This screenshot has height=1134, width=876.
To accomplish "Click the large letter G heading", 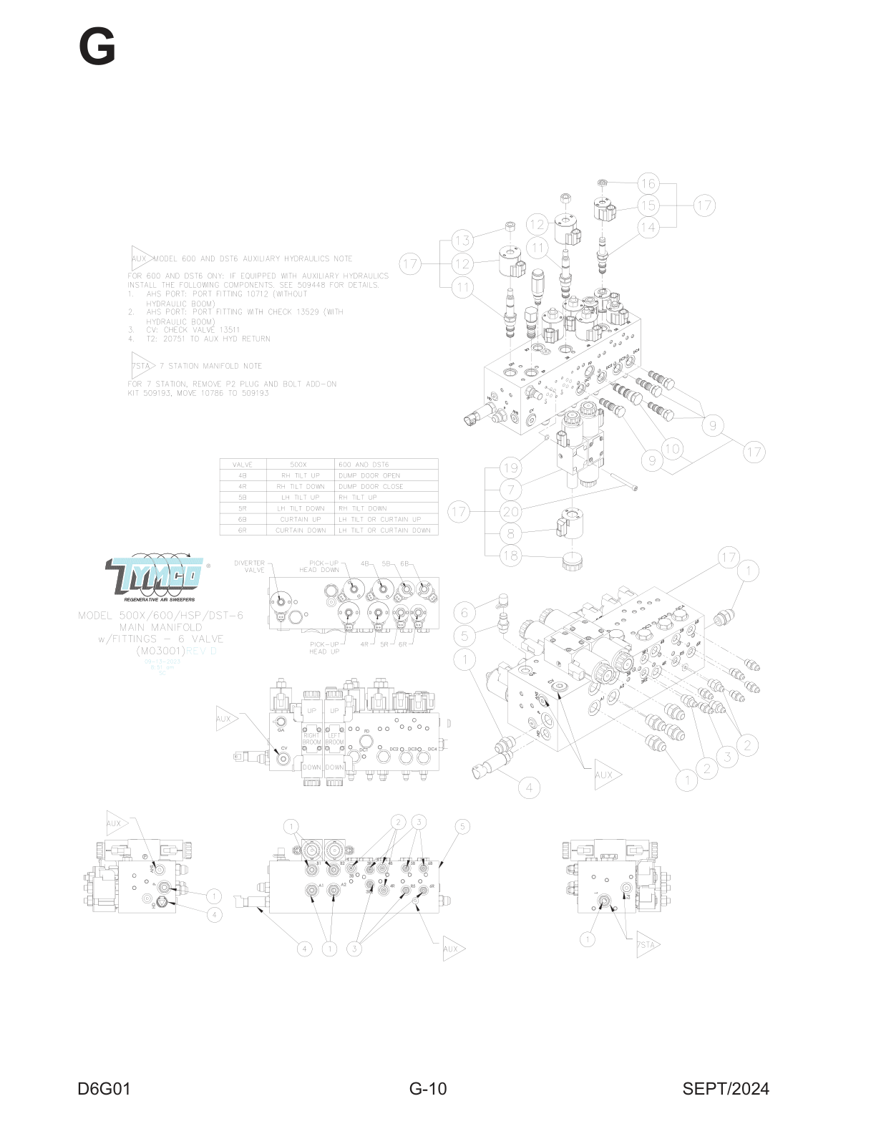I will pos(97,47).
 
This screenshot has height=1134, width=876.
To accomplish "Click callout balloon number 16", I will pos(648,183).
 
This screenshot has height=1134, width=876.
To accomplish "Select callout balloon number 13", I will pos(462,241).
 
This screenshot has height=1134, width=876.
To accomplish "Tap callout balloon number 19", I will pos(510,468).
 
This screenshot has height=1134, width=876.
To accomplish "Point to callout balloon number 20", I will pos(510,512).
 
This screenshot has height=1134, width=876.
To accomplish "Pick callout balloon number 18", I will pos(510,556).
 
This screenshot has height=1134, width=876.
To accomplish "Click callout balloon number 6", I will pos(464,612).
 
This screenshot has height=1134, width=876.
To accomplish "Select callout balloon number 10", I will pos(672,449).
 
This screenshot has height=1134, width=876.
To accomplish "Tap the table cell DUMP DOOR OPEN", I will pos(369,475).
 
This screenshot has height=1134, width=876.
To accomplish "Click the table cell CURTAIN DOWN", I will pos(299,530).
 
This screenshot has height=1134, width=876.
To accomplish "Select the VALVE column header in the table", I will pos(243,465).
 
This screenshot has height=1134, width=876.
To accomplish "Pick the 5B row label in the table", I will pos(243,497).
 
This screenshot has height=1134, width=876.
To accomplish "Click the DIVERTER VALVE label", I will pos(250,566).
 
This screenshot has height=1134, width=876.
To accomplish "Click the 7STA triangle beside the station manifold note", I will pos(142,366).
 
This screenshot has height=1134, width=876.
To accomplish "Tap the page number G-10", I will pos(428,1089).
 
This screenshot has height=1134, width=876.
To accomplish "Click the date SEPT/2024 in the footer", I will pos(725,1089).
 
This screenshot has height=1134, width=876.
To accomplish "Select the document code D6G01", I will pos(104,1089).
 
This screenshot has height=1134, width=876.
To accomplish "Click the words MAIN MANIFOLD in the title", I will pos(161,627).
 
